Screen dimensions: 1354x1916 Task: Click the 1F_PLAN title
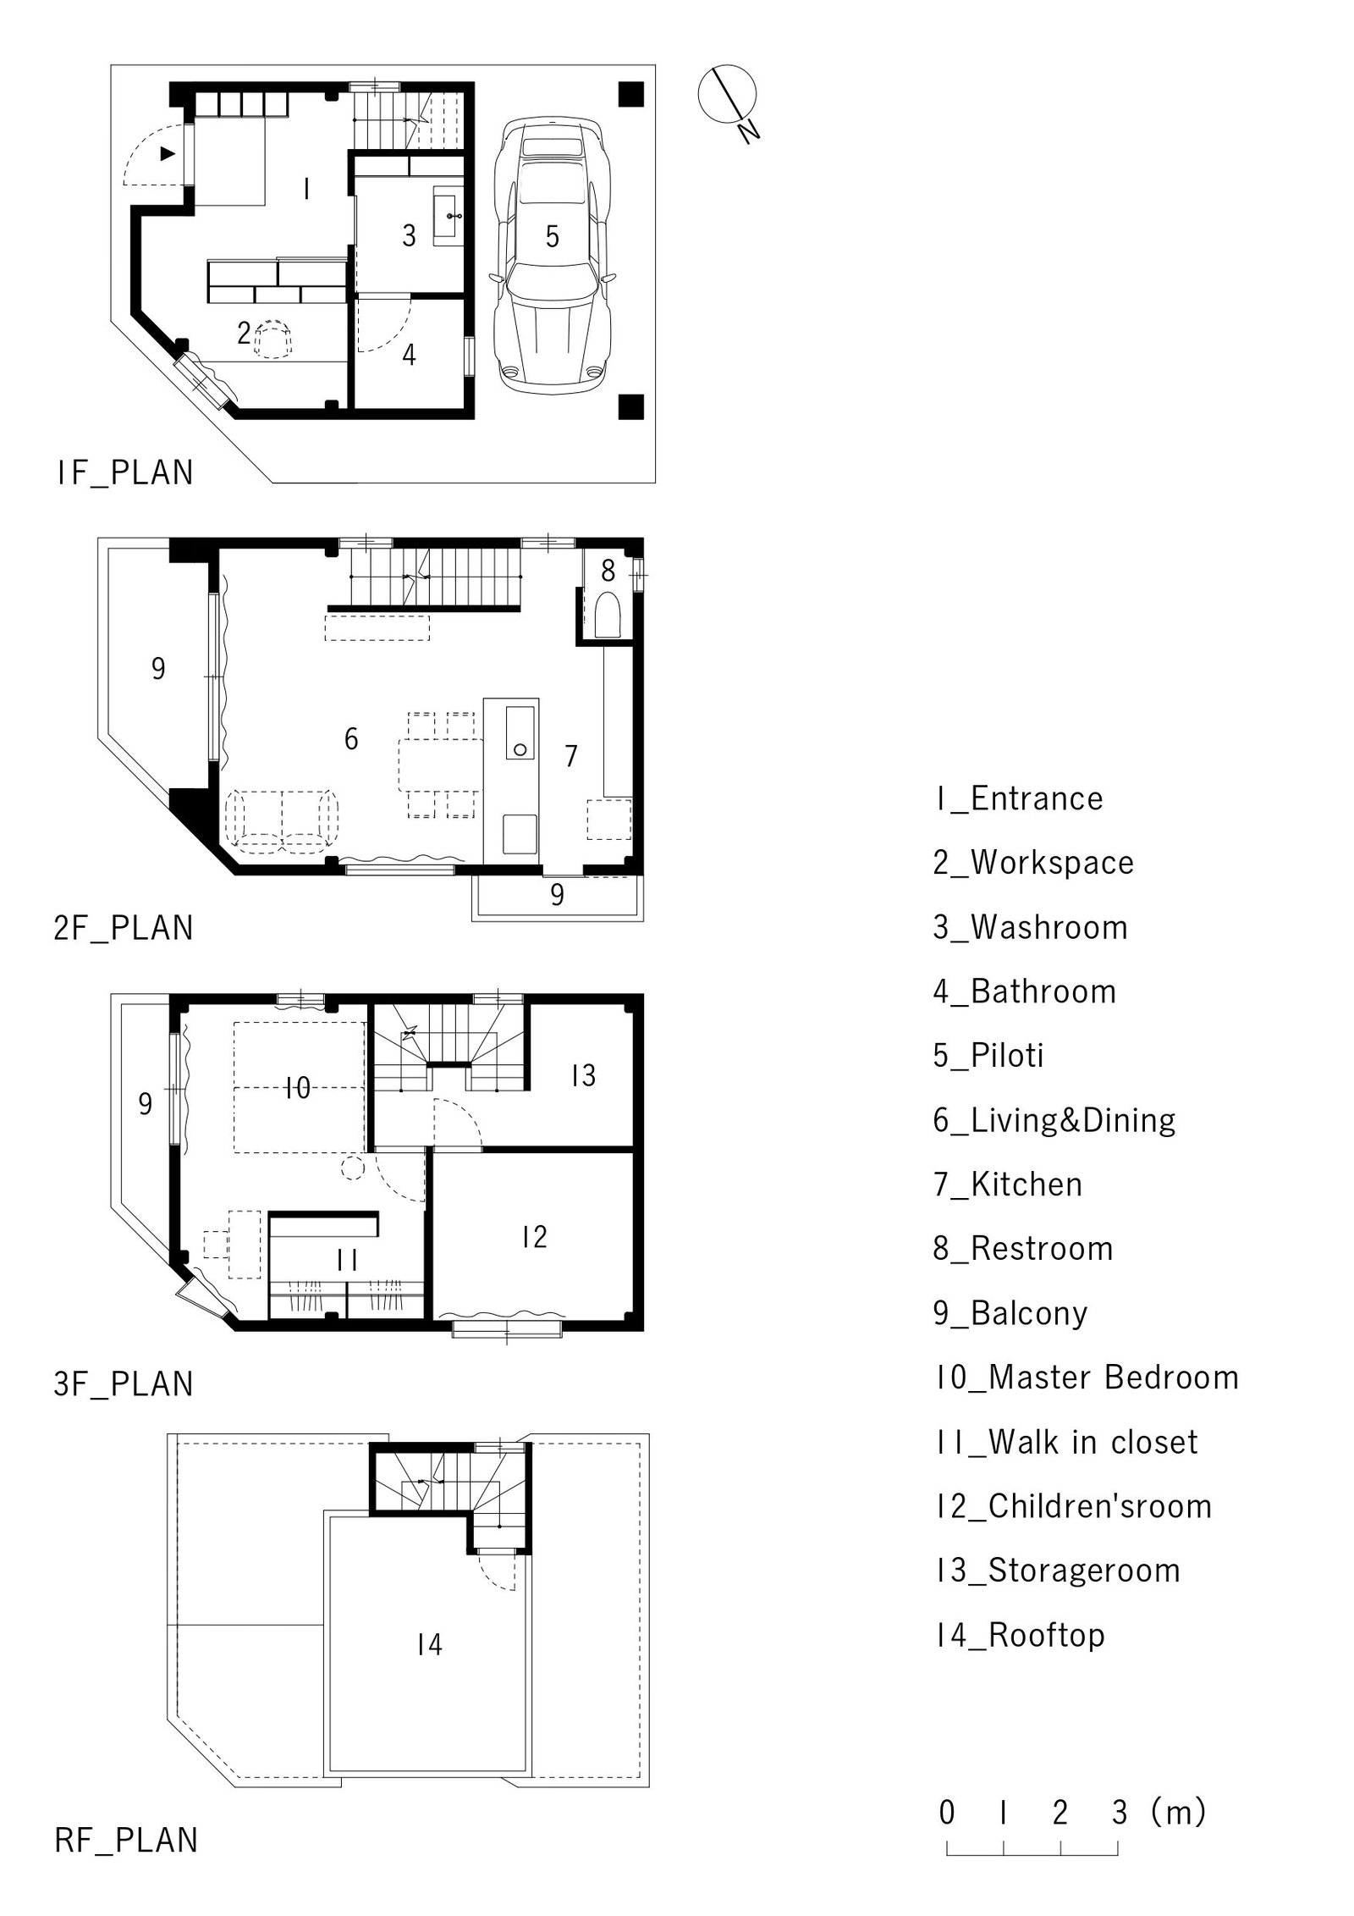pos(125,472)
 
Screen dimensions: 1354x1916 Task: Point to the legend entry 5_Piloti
pos(988,1056)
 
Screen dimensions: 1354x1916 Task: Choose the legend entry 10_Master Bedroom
pos(1087,1378)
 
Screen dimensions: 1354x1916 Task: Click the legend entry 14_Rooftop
pos(1020,1635)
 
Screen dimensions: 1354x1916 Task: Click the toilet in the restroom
pos(608,614)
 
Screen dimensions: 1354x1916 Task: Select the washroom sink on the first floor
pos(448,217)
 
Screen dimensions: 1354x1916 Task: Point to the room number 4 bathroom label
pos(409,355)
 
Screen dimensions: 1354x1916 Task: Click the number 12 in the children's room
pos(534,1238)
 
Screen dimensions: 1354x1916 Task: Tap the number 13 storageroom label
pos(583,1075)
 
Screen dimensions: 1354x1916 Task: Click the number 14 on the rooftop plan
pos(429,1644)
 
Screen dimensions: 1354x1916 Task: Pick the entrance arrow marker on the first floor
pos(168,153)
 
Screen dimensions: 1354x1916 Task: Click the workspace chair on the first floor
pos(272,340)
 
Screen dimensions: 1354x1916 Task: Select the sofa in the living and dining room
pos(282,820)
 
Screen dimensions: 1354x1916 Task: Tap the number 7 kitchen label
pos(571,755)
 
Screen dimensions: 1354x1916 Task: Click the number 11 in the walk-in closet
pos(347,1260)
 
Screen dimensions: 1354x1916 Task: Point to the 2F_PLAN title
pos(124,928)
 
